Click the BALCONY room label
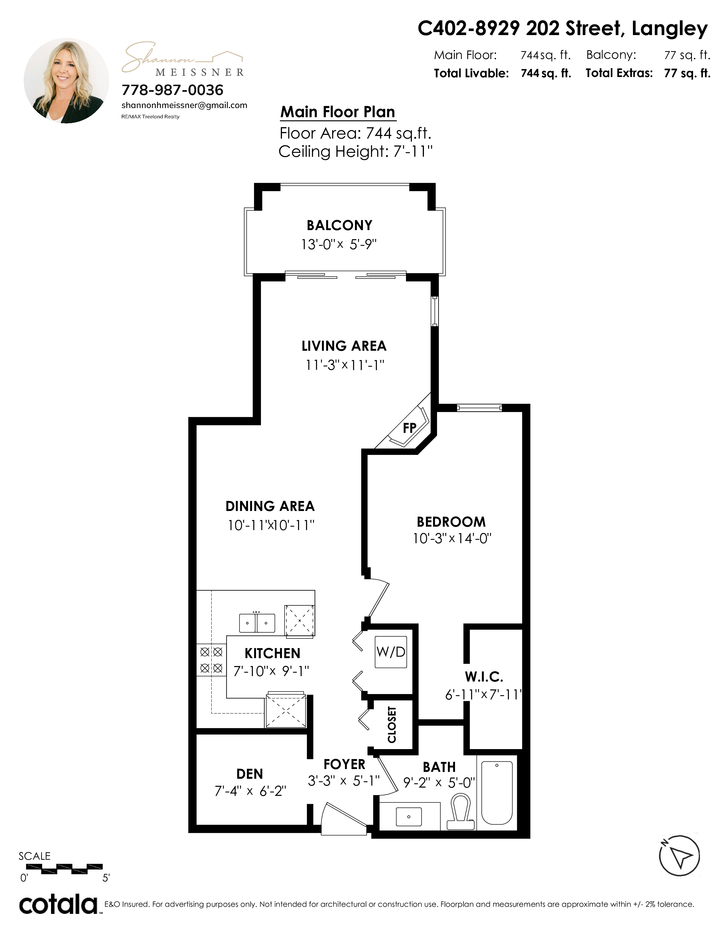339,225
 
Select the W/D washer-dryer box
391,652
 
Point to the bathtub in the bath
497,792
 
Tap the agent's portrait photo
66,81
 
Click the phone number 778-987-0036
172,90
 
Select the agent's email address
184,105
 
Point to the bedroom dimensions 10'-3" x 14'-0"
452,539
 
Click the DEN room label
249,774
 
